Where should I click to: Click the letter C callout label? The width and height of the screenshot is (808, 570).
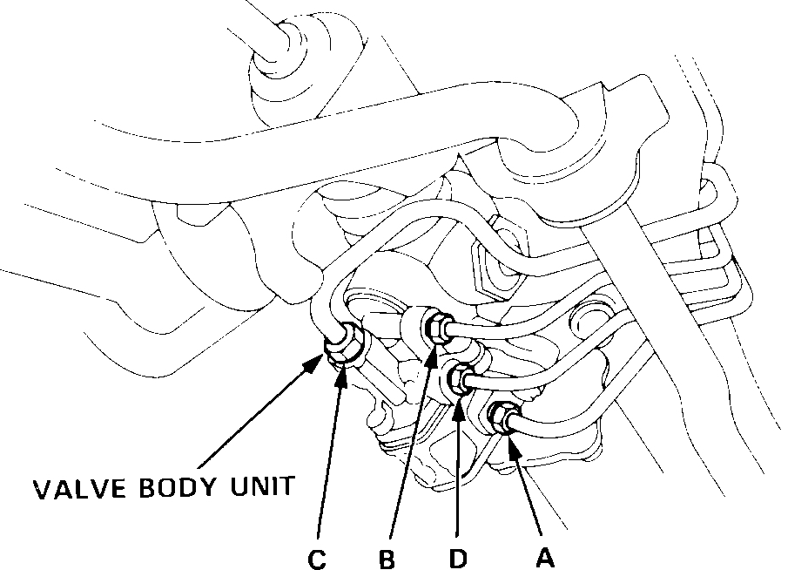(317, 558)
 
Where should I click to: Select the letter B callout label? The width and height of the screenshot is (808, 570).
(387, 558)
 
